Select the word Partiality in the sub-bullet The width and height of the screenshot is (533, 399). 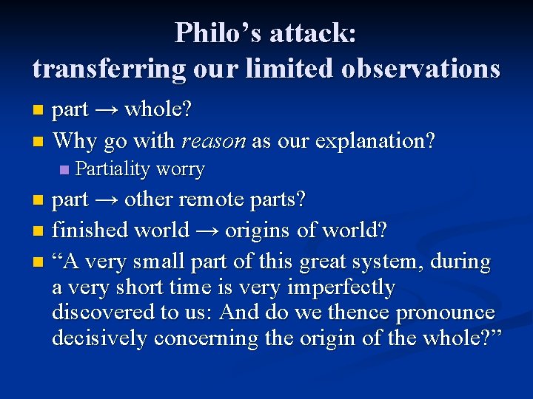point(113,169)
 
